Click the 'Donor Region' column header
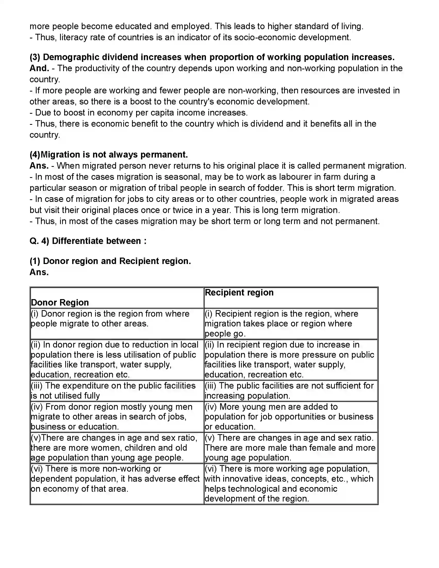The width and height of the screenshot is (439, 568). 60,302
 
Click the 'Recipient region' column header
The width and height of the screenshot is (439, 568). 239,293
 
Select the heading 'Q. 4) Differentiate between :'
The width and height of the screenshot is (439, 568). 88,241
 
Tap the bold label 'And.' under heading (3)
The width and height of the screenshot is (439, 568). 39,68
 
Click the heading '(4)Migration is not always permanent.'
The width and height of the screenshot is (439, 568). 109,155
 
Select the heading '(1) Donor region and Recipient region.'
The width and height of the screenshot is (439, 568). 110,261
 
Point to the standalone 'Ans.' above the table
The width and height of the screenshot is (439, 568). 39,272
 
